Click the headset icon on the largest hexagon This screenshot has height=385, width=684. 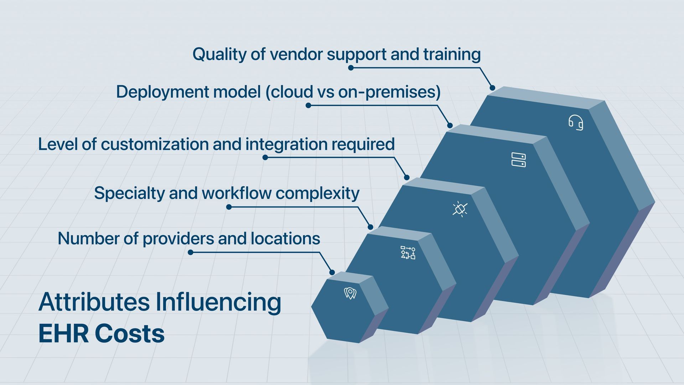tap(576, 123)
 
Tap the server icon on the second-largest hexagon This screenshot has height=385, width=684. tap(518, 160)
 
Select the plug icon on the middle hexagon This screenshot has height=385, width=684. tap(460, 209)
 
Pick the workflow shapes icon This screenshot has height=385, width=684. tap(408, 252)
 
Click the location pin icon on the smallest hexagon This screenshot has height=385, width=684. tap(350, 293)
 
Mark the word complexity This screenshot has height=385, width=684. tap(317, 194)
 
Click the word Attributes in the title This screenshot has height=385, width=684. tap(94, 302)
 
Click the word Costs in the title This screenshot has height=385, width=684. tap(130, 334)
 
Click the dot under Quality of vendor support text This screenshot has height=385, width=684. tap(351, 68)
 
